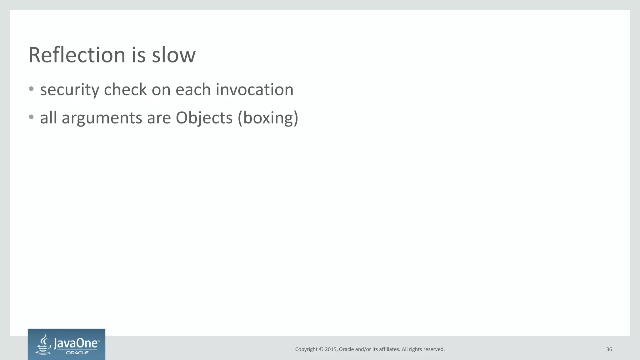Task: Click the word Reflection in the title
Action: tap(77, 55)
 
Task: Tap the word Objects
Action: tap(204, 118)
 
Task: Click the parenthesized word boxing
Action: tap(268, 118)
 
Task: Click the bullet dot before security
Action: tap(31, 89)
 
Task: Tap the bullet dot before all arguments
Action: tap(31, 117)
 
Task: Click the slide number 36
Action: tap(609, 349)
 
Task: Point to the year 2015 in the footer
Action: tap(331, 349)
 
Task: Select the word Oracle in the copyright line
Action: tap(346, 349)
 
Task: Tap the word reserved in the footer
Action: tap(435, 349)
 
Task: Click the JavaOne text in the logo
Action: tap(77, 343)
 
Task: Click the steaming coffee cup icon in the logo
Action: tap(44, 344)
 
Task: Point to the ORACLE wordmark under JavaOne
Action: tap(77, 352)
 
